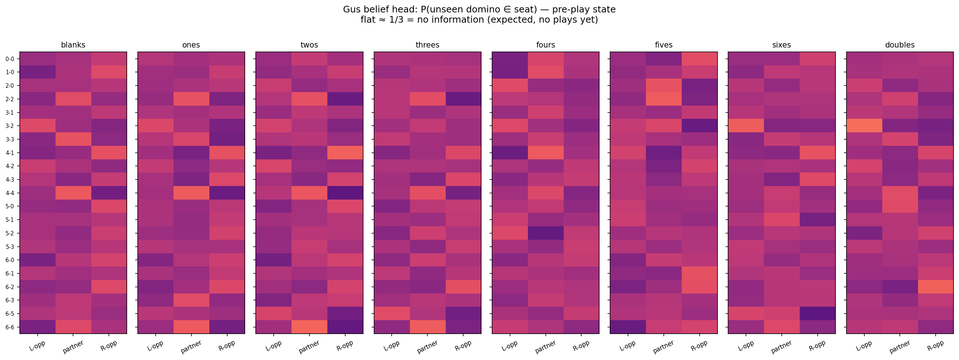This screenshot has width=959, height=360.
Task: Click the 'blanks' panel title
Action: click(x=73, y=45)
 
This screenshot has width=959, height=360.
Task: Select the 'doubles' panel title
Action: click(x=899, y=45)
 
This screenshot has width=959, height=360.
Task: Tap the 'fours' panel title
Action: click(x=545, y=45)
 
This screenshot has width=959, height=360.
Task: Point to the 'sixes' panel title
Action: click(x=781, y=45)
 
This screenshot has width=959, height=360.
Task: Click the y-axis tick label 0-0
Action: click(x=9, y=59)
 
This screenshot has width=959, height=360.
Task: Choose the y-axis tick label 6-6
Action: click(x=9, y=327)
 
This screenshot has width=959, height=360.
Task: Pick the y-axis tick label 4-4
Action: click(x=9, y=193)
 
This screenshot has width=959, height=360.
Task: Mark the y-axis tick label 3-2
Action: click(x=9, y=126)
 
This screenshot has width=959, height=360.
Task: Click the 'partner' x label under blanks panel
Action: click(x=73, y=346)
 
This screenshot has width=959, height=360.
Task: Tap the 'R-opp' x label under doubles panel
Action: click(x=935, y=346)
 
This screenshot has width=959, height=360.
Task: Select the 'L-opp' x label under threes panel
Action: click(x=392, y=346)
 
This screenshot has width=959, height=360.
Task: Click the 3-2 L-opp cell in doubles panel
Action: click(x=864, y=126)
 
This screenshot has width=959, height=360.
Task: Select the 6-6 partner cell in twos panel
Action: click(x=309, y=327)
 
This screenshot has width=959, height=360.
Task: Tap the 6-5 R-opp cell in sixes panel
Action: click(x=817, y=314)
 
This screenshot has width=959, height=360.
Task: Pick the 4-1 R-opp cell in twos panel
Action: click(x=345, y=153)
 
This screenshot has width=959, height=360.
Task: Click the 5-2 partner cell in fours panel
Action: click(x=545, y=233)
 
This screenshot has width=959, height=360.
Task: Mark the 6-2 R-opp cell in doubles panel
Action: click(x=935, y=287)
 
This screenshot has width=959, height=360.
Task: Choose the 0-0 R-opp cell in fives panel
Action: click(x=700, y=59)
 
